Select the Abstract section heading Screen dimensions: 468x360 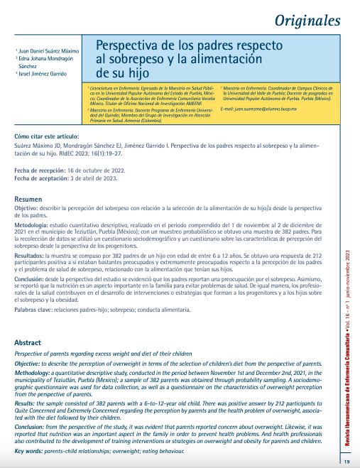(x=28, y=342)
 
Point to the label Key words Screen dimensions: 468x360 (x=30, y=430)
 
